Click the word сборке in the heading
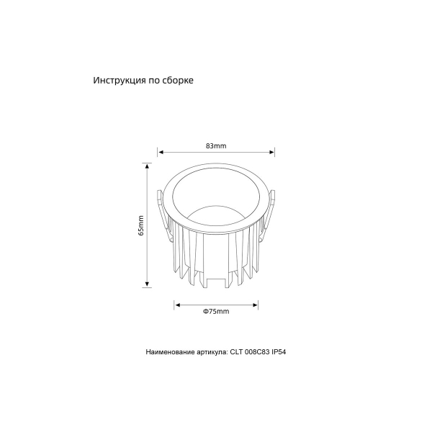[x=178, y=81]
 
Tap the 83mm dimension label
[x=216, y=145]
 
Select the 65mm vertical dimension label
[x=141, y=225]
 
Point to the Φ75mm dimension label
[x=216, y=311]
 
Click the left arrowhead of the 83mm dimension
[x=161, y=152]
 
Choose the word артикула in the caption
[x=212, y=353]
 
